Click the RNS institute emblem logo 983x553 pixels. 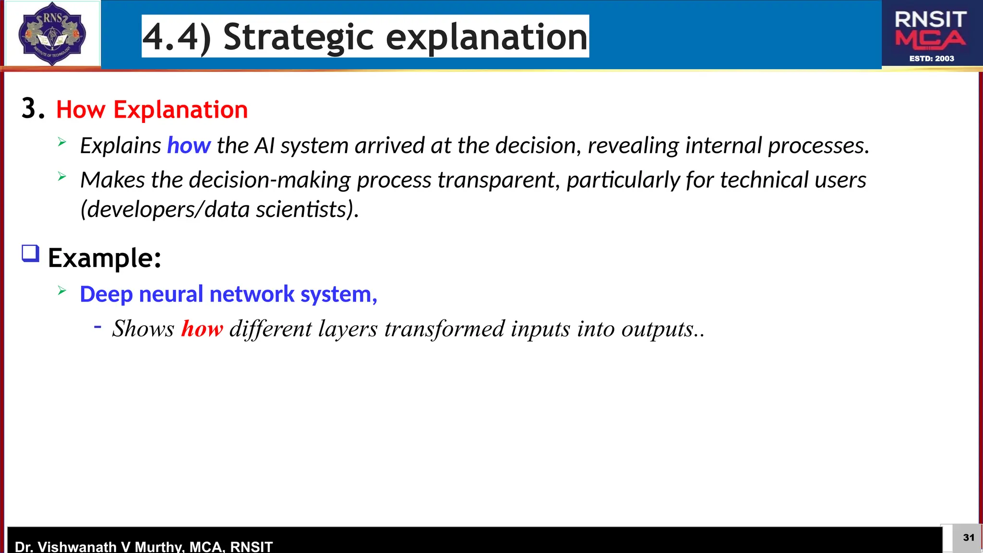[52, 34]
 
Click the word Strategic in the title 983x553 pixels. [298, 37]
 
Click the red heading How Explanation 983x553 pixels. [152, 109]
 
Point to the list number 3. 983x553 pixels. [33, 108]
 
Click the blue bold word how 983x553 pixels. [189, 145]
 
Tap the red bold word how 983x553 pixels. [202, 329]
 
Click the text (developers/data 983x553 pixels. [165, 210]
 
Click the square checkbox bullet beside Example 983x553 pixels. [31, 253]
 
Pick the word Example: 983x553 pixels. [104, 258]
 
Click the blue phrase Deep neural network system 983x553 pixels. [228, 294]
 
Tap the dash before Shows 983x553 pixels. [98, 327]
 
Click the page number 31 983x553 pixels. [968, 538]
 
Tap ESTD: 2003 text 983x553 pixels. [932, 59]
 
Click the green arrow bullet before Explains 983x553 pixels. [62, 142]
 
